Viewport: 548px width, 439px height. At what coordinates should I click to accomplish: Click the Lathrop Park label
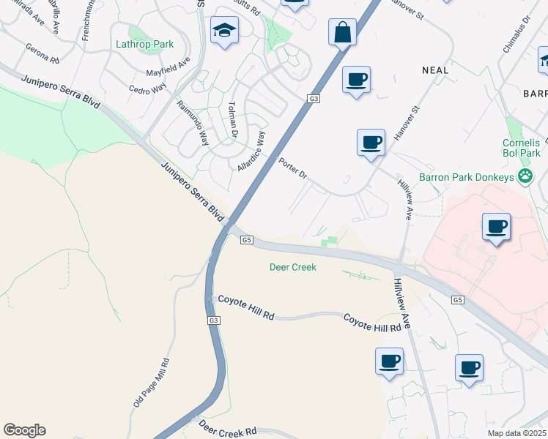coord(145,44)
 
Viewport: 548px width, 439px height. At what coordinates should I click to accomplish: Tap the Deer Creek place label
coord(293,267)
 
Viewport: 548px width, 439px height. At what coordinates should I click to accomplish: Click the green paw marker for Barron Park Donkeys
coord(525,176)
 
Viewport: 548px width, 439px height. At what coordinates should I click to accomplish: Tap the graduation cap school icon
coord(224,31)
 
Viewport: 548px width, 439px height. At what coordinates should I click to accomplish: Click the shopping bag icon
coord(342,33)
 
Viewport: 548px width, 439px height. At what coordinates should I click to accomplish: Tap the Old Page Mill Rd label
coord(151,383)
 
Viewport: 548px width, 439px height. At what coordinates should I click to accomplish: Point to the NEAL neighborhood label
coord(434,70)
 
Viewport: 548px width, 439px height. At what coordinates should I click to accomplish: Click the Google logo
coord(24,430)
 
